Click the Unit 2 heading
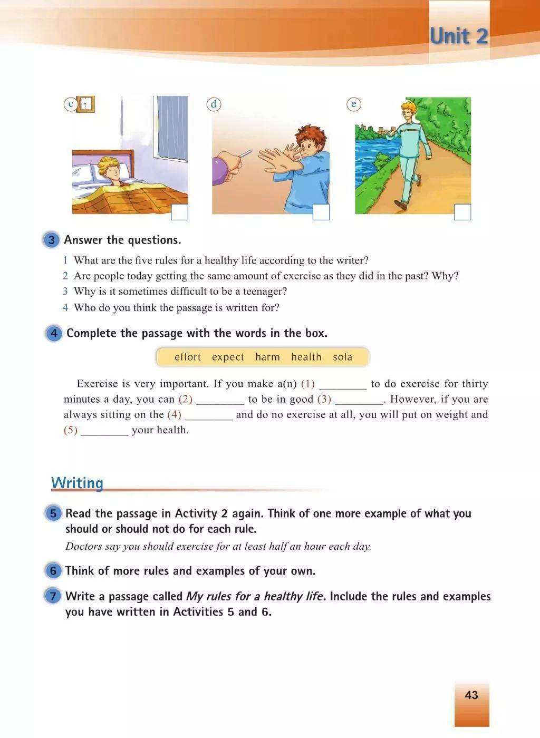[458, 36]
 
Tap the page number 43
[471, 695]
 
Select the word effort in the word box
[188, 357]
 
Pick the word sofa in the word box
[342, 357]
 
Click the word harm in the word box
[267, 357]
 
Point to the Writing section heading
[77, 482]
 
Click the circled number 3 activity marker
[51, 240]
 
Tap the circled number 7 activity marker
[53, 597]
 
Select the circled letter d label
[214, 104]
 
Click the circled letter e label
[354, 104]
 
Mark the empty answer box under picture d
[321, 212]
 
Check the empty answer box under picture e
[462, 212]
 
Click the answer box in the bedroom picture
[180, 212]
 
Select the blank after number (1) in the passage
[343, 384]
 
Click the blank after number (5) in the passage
[104, 430]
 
